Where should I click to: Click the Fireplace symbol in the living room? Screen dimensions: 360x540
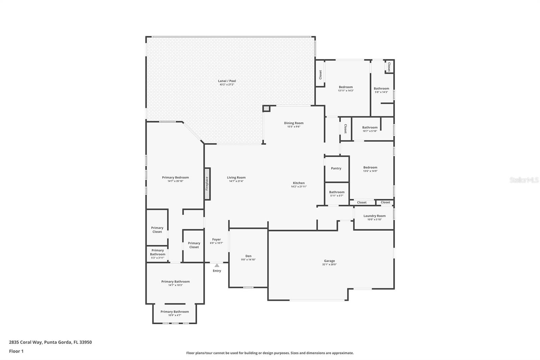pos(207,184)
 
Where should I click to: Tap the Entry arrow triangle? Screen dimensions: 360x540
pos(217,265)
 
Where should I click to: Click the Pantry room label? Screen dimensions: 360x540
pos(336,168)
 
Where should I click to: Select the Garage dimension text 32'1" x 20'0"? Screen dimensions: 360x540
pos(329,264)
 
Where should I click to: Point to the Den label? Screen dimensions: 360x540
pos(248,256)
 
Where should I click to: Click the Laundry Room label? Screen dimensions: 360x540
pos(374,216)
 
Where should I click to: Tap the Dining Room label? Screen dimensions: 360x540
pos(294,123)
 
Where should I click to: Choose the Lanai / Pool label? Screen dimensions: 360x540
pos(227,81)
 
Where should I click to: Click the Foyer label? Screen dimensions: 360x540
pos(216,239)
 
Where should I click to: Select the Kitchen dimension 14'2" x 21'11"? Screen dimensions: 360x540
pos(299,186)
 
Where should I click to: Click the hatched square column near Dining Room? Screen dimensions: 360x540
pos(266,109)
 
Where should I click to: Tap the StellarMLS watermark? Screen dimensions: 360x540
pos(524,180)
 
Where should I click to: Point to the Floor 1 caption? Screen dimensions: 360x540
pos(16,351)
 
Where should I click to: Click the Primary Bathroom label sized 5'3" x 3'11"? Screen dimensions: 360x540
pos(157,252)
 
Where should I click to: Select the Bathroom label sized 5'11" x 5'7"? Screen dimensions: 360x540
pos(336,192)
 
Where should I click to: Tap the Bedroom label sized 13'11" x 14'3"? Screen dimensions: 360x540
pos(346,87)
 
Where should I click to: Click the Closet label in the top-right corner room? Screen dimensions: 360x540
pos(389,67)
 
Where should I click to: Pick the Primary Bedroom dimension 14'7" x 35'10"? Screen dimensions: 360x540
pos(175,181)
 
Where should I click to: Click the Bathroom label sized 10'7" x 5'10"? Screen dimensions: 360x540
pos(370,127)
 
